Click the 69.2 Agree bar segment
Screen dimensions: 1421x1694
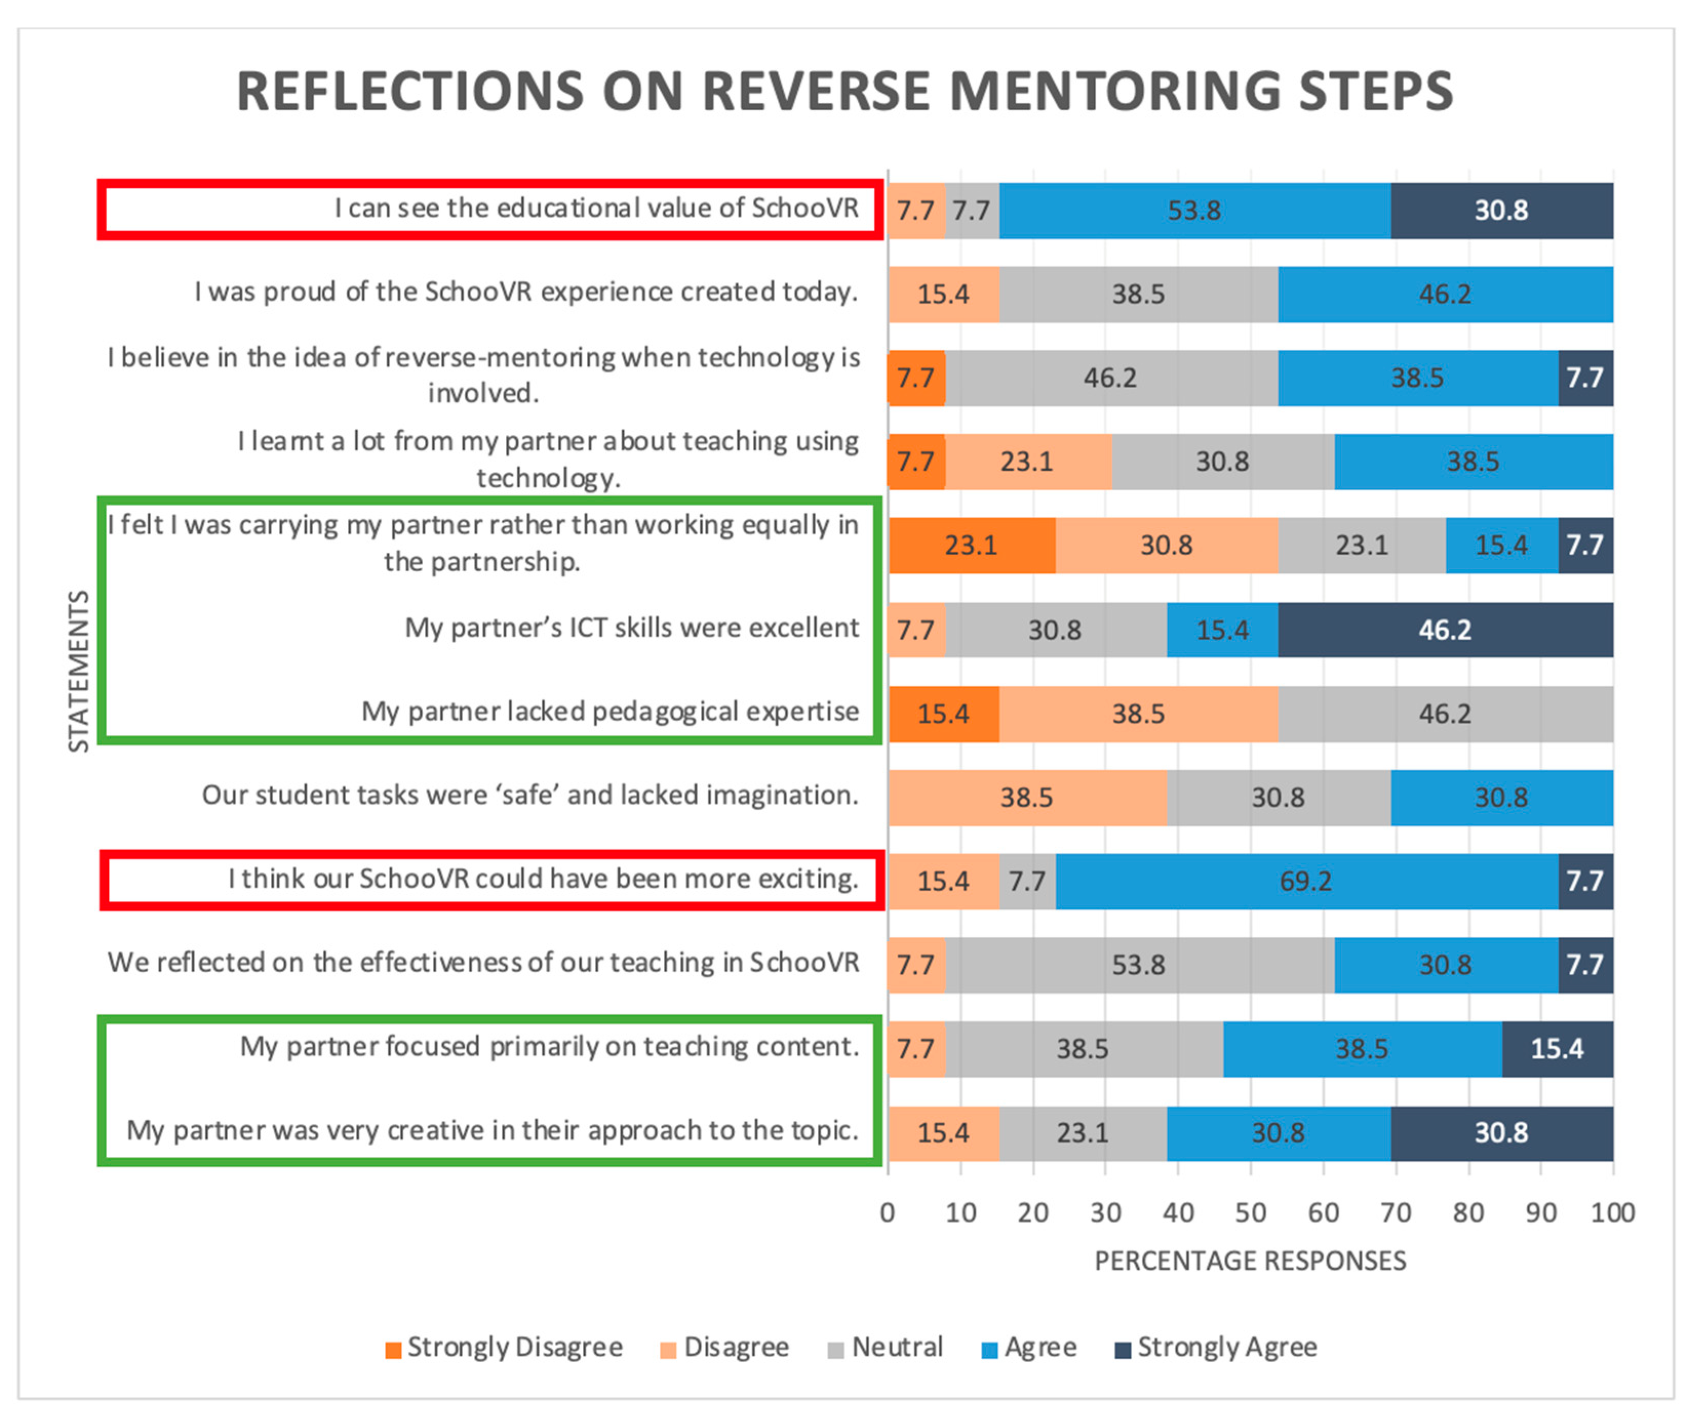click(x=1306, y=880)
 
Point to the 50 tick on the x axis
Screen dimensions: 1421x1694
click(x=1250, y=1213)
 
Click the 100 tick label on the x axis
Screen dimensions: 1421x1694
click(x=1612, y=1213)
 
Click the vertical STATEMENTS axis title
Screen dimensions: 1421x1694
click(x=78, y=671)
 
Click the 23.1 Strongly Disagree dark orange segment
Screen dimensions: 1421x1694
click(x=971, y=545)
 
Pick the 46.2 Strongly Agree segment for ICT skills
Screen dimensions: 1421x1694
click(x=1445, y=630)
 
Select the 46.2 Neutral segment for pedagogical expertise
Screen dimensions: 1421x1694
click(x=1445, y=714)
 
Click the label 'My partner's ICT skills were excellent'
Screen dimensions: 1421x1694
click(x=632, y=628)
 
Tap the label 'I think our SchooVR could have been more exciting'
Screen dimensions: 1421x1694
click(x=542, y=878)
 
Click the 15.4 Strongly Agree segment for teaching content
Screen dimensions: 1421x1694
click(x=1557, y=1048)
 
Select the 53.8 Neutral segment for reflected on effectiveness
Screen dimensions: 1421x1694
click(x=1138, y=965)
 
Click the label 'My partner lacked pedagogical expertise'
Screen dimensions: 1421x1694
click(x=610, y=711)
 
